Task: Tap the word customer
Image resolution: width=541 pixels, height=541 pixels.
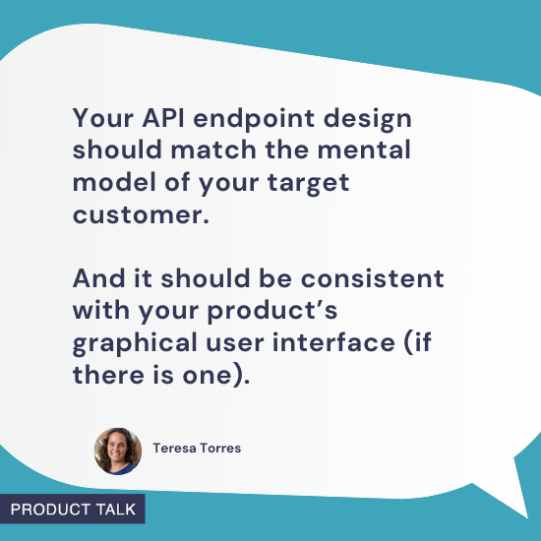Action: pyautogui.click(x=141, y=215)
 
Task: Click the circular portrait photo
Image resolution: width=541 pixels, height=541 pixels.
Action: pyautogui.click(x=118, y=451)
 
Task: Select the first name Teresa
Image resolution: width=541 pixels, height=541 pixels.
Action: pyautogui.click(x=175, y=449)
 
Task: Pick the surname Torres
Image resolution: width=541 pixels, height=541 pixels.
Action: pyautogui.click(x=222, y=449)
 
